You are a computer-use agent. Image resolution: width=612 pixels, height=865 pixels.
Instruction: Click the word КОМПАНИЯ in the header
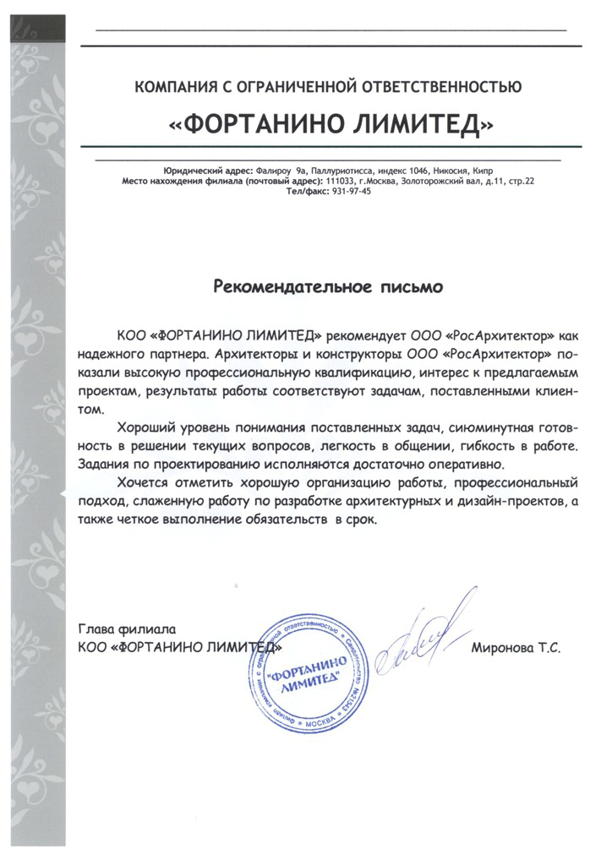click(x=174, y=85)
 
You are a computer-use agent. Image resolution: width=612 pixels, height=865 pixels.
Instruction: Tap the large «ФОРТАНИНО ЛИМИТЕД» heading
click(x=331, y=124)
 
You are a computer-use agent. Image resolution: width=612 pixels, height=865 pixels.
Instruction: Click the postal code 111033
click(x=342, y=181)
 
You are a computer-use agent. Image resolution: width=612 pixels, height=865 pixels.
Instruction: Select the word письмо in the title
click(x=410, y=287)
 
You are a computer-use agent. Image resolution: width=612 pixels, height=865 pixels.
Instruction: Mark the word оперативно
click(x=463, y=465)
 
